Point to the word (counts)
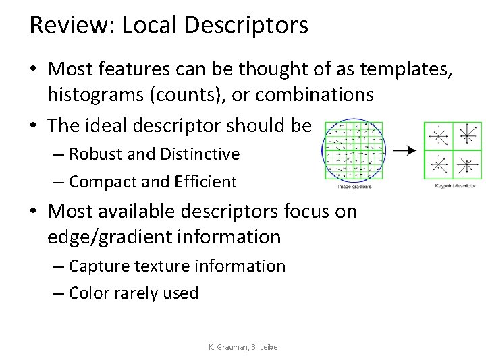(x=177, y=95)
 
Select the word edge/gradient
(x=108, y=236)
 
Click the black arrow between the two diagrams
(x=403, y=150)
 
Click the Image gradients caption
(x=354, y=186)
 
